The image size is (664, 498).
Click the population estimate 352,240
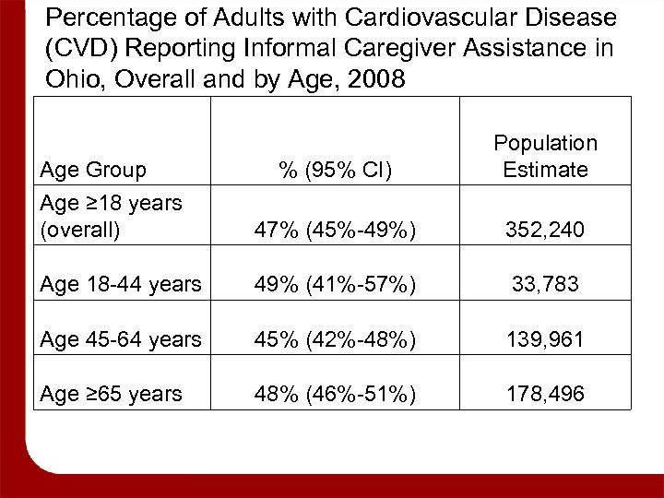coord(545,230)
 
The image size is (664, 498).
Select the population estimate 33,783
coord(545,285)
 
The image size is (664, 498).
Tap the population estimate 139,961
coord(545,339)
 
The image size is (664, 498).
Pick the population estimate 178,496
coord(545,394)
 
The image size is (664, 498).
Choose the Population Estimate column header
coord(545,156)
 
